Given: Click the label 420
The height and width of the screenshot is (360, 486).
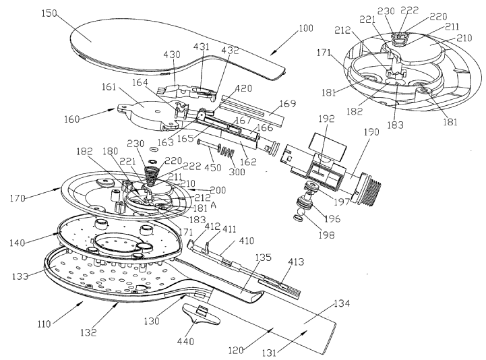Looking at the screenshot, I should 263,88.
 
